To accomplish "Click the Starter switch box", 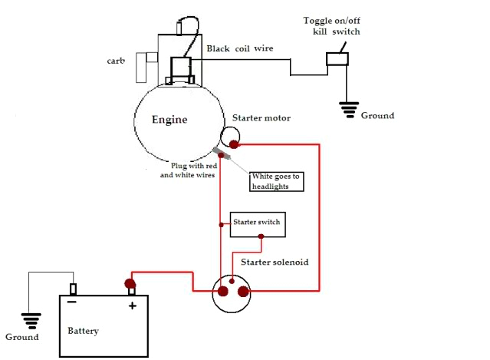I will point(258,223).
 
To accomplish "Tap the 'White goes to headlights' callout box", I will point(277,181).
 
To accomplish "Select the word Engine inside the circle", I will point(169,121).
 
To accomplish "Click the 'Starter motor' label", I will point(262,119).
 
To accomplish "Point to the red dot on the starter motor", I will point(233,144).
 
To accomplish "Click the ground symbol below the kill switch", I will point(350,111).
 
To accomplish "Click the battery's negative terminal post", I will point(73,289).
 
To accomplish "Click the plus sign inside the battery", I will point(132,306).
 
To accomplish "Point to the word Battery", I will point(83,332).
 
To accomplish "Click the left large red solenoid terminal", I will point(223,292).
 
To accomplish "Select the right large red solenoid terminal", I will point(243,292).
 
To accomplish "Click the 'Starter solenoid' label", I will point(275,262).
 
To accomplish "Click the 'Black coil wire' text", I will point(239,48).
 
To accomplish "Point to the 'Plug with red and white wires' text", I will point(187,170).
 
